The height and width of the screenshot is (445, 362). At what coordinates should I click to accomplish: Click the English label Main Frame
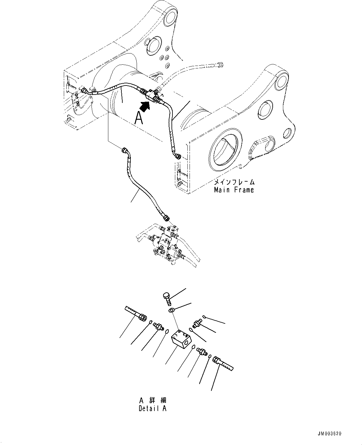point(234,190)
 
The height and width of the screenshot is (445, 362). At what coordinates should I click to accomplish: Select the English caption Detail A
point(152,408)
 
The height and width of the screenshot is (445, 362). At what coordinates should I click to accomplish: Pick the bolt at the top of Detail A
point(167,298)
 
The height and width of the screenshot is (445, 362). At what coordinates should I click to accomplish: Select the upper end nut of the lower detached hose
point(125,150)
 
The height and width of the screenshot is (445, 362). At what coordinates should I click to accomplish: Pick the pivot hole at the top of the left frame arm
point(171,16)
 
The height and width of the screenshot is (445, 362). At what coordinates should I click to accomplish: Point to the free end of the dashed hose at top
point(220,65)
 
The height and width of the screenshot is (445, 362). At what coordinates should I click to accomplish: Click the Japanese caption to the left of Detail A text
point(153,400)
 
